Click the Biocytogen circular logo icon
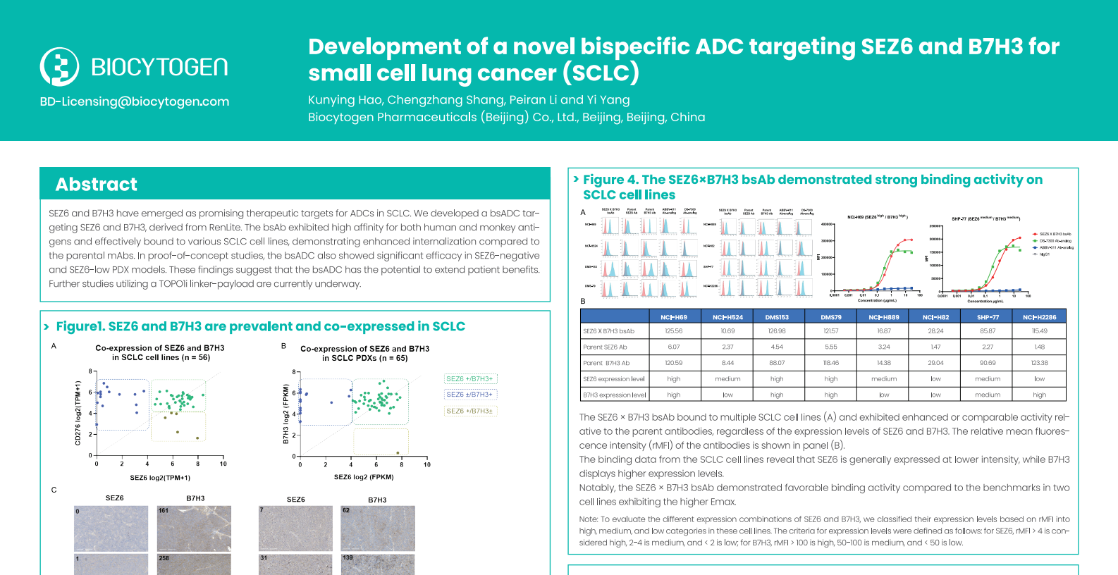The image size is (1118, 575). pos(59,67)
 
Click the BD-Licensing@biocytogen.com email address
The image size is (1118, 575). pos(135,101)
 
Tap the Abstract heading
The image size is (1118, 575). pos(97,185)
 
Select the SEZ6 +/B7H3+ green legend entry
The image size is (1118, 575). pos(469,379)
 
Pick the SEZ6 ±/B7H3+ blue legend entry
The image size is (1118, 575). pos(469,395)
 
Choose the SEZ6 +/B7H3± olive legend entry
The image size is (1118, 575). pos(469,411)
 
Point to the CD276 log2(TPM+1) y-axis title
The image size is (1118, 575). pos(78,413)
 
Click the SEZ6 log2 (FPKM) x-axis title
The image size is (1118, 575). pos(364,477)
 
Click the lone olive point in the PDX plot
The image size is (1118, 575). pos(398,453)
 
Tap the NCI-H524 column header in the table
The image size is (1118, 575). pos(727,317)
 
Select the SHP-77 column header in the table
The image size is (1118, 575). pos(988,317)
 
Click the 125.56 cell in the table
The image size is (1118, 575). pos(674,330)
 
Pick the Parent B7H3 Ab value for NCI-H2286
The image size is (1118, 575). pos(1039,363)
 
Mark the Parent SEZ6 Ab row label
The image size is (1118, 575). pos(605,347)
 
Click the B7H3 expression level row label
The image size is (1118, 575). pos(614,395)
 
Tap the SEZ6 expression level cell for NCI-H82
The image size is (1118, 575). pos(935,379)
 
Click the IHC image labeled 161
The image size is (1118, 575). pos(194,528)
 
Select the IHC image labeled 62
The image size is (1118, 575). pos(378,528)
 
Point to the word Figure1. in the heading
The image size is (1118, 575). pos(80,326)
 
